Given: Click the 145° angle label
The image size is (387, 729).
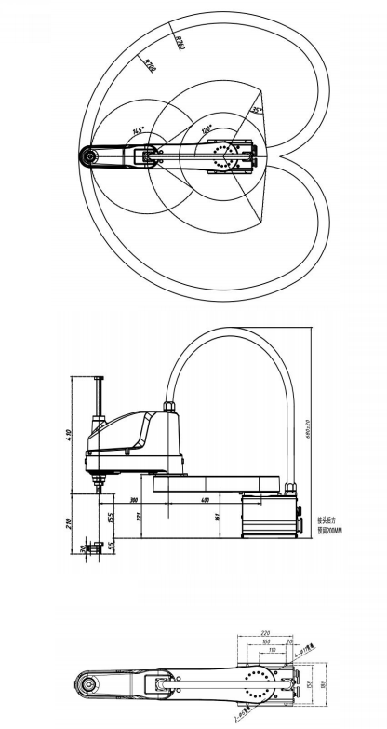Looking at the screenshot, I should point(139,131).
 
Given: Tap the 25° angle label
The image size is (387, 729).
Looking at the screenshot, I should point(256,110).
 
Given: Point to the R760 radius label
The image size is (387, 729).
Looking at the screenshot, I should point(180,41).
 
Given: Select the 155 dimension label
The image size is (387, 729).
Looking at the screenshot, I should point(110,517).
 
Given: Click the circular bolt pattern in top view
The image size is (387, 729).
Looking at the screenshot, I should point(223,155).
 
